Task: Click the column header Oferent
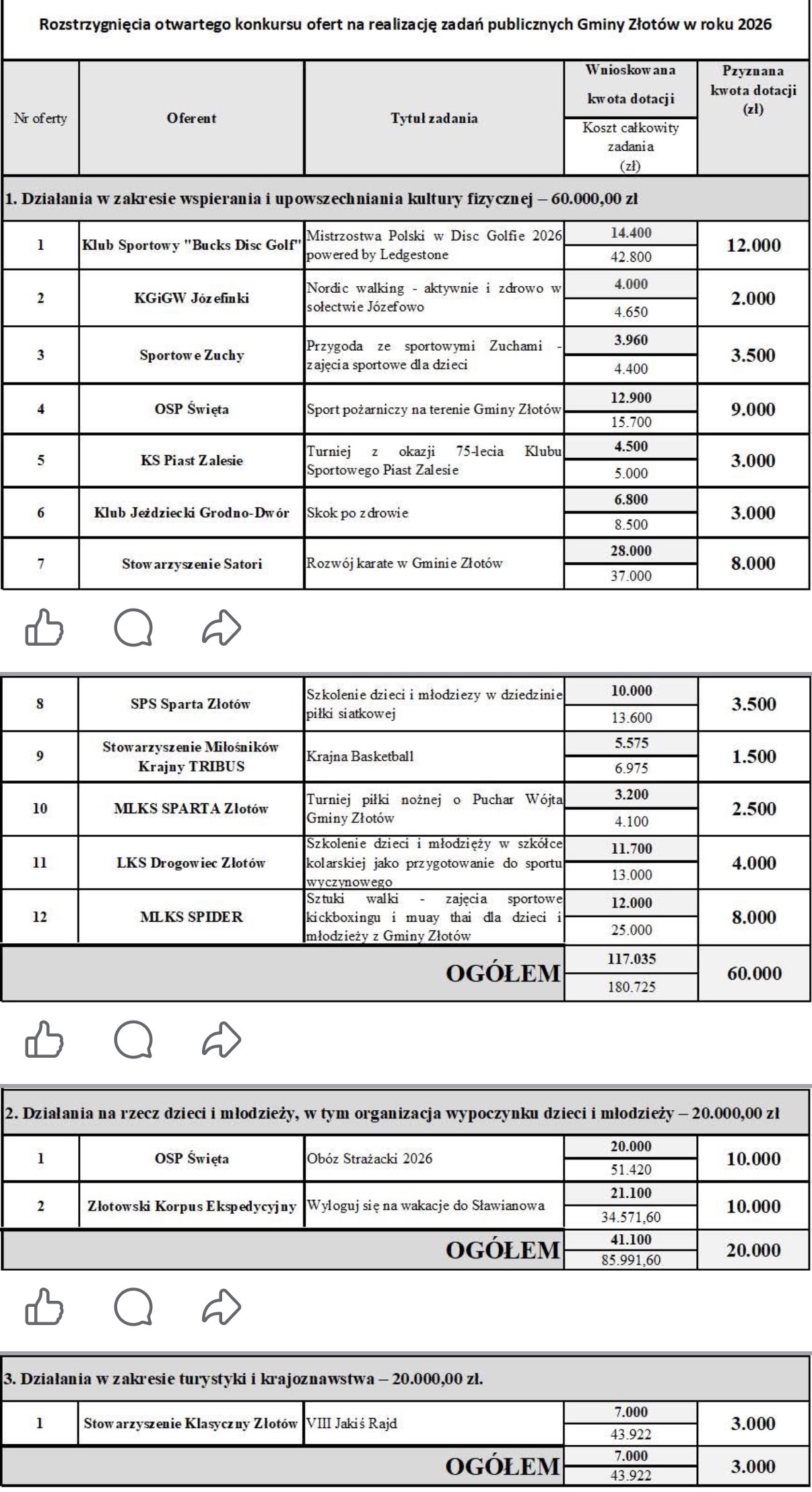coord(191,118)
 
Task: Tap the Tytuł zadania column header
coord(434,118)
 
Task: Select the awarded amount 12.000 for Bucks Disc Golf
coord(753,245)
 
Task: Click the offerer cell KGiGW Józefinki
coord(191,298)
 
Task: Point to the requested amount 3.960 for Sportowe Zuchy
coord(630,341)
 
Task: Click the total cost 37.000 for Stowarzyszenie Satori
coord(630,576)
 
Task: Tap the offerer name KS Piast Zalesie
coord(191,461)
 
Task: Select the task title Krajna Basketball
coord(360,756)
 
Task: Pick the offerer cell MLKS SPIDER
coord(191,917)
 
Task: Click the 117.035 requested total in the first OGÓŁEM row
coord(631,959)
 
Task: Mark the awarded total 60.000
coord(753,974)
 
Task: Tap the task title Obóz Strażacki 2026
coord(370,1159)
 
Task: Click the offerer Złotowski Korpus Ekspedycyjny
coord(192,1206)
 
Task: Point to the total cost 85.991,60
coord(631,1259)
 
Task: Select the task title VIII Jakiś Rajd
coord(351,1424)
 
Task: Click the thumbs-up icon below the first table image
coord(44,629)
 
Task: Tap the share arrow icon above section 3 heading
coord(222,1308)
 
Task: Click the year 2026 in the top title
coord(753,25)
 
